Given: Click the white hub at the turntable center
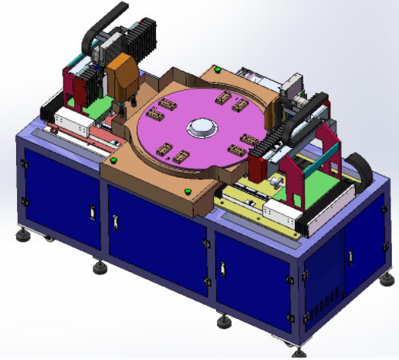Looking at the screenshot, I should click(x=202, y=127).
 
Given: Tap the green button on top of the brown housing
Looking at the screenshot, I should click(x=218, y=70).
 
